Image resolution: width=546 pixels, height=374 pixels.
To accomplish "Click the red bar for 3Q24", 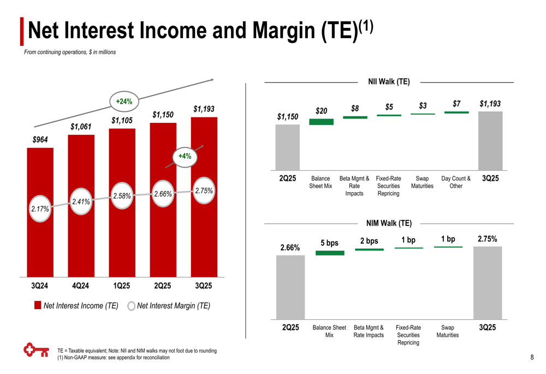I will click(40, 240).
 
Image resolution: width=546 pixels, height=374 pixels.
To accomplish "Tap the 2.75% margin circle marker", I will click(204, 191).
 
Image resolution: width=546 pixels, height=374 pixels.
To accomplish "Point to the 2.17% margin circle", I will click(40, 209).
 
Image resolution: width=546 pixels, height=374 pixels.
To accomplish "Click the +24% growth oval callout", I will click(124, 101).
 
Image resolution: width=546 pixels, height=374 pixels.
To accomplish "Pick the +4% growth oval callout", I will click(185, 156).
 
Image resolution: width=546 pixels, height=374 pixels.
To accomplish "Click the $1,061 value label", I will click(81, 127).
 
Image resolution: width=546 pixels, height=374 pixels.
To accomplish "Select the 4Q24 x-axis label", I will click(81, 286).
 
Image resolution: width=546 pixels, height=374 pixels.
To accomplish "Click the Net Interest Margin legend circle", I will click(131, 306).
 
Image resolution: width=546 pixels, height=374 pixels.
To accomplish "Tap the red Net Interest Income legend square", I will click(38, 305).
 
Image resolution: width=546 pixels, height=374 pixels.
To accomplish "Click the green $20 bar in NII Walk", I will click(321, 122).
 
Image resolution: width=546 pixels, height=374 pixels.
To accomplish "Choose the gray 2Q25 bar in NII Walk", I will click(287, 147).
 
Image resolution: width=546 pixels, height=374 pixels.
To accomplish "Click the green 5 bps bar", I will click(330, 253).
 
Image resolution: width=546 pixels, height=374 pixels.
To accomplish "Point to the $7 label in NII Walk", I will click(456, 104).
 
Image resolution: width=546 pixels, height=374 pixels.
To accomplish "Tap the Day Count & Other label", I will click(456, 182).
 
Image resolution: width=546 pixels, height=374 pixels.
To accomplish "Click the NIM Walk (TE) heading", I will click(389, 223).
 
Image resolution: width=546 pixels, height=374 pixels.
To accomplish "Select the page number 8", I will click(532, 358).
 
